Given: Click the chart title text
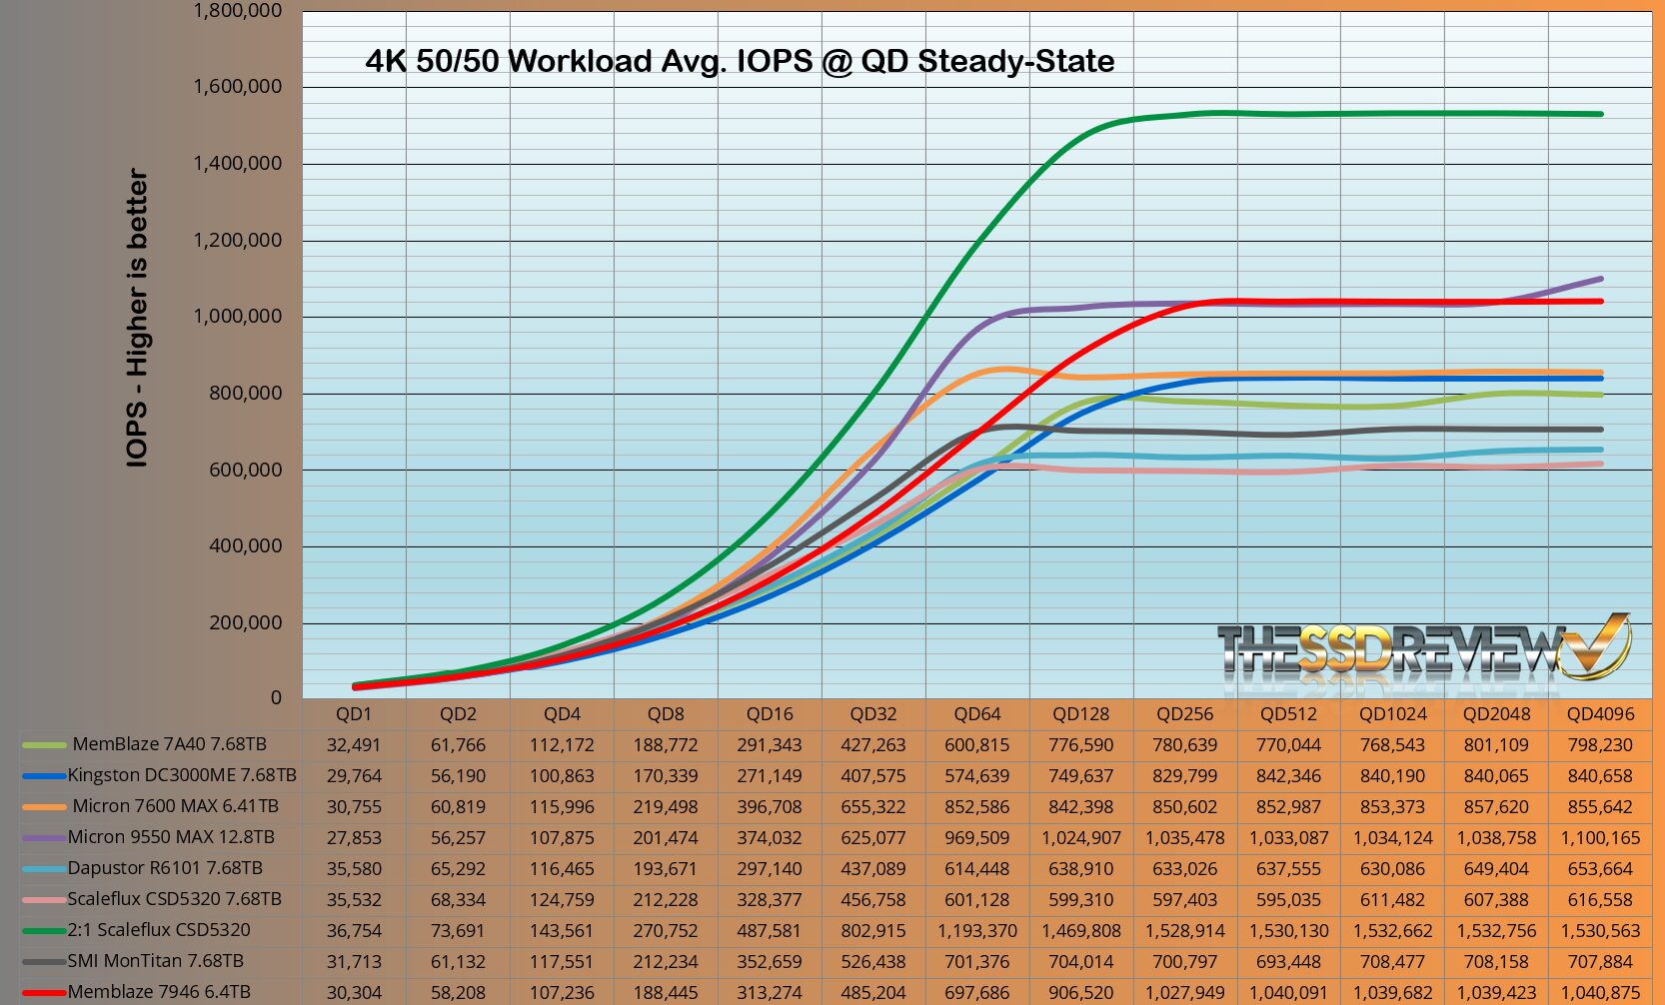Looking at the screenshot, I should click(740, 62).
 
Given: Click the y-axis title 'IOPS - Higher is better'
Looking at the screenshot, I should click(138, 318).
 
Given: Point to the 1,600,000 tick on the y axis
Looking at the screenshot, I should click(238, 87).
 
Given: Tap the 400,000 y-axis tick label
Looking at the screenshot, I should click(246, 546).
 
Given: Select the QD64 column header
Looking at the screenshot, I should click(976, 714).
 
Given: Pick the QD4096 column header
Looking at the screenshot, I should click(1600, 714).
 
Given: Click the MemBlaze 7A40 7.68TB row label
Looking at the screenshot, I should click(169, 744).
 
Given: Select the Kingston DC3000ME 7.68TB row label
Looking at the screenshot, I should click(182, 775).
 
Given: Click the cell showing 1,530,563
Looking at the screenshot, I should click(1600, 931).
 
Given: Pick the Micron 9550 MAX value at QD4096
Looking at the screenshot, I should click(1600, 838).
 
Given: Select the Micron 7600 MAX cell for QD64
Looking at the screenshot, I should click(976, 807).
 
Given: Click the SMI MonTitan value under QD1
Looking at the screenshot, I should click(354, 962).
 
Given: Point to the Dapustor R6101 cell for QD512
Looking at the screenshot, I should click(1288, 869).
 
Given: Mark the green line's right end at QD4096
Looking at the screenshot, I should click(1601, 114).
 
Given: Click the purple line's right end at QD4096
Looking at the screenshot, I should click(1601, 279).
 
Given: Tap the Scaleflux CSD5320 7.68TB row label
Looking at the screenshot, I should click(174, 899).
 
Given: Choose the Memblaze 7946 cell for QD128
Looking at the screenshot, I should click(1080, 993).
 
